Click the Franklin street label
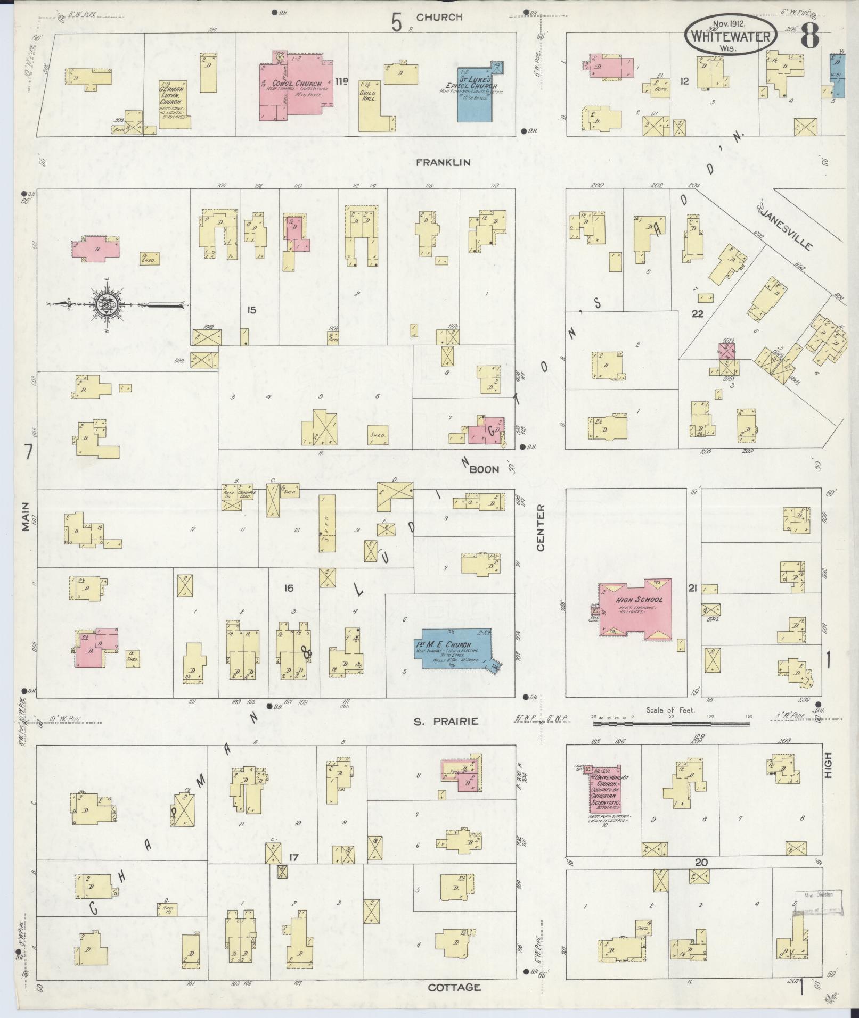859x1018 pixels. coord(444,162)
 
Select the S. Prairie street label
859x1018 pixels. coord(446,722)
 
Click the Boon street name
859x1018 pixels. coord(484,469)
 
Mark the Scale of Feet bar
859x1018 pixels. coord(672,723)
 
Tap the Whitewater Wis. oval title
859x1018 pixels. coord(730,32)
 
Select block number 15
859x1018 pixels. coord(252,309)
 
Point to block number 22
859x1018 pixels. coord(697,314)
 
